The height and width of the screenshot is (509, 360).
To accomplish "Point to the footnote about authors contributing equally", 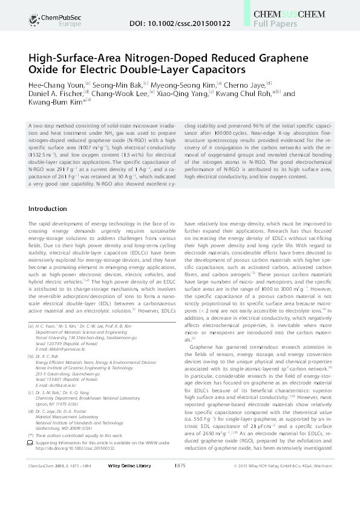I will pos(78,435).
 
